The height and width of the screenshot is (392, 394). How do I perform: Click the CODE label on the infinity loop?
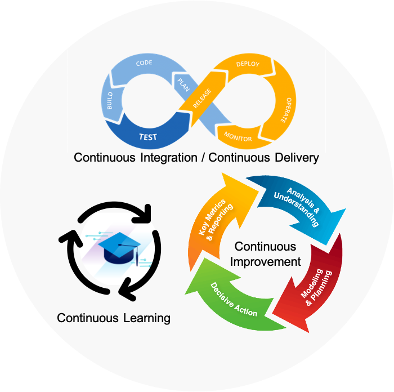(145, 63)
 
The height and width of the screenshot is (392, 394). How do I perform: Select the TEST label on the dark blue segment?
(148, 137)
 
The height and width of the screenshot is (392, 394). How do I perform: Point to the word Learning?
(146, 318)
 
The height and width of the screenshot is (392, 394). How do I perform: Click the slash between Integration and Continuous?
(202, 157)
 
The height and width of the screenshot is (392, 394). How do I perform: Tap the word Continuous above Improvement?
(265, 247)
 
